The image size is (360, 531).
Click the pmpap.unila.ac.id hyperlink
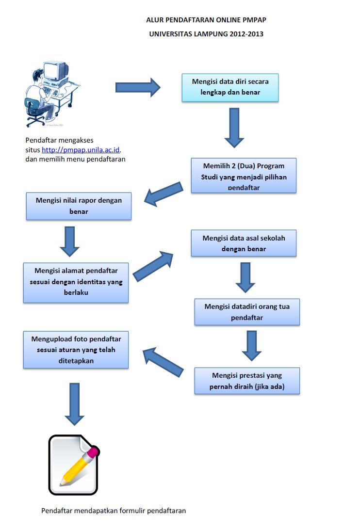pos(81,150)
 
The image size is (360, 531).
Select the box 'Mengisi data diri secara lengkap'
pos(230,87)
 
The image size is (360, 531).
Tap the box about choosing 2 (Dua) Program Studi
pos(244,176)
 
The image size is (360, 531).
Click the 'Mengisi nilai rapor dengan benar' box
pos(79,206)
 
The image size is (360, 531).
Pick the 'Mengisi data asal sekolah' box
pos(244,243)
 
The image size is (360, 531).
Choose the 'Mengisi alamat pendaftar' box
pos(76,283)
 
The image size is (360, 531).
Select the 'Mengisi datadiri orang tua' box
pos(247,312)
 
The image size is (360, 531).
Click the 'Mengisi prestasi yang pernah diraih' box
pos(247,381)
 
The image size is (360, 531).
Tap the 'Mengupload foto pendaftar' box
pos(76,350)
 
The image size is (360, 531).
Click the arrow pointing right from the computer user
pos(137,87)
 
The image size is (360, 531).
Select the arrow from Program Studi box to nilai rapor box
pos(164,193)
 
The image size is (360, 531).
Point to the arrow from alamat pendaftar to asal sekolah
pos(153,267)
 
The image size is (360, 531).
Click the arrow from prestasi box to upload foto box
pos(163,362)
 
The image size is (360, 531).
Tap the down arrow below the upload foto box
pos(74,404)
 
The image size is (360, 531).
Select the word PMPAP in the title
pos(254,20)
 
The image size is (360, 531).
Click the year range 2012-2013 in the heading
pos(246,34)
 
